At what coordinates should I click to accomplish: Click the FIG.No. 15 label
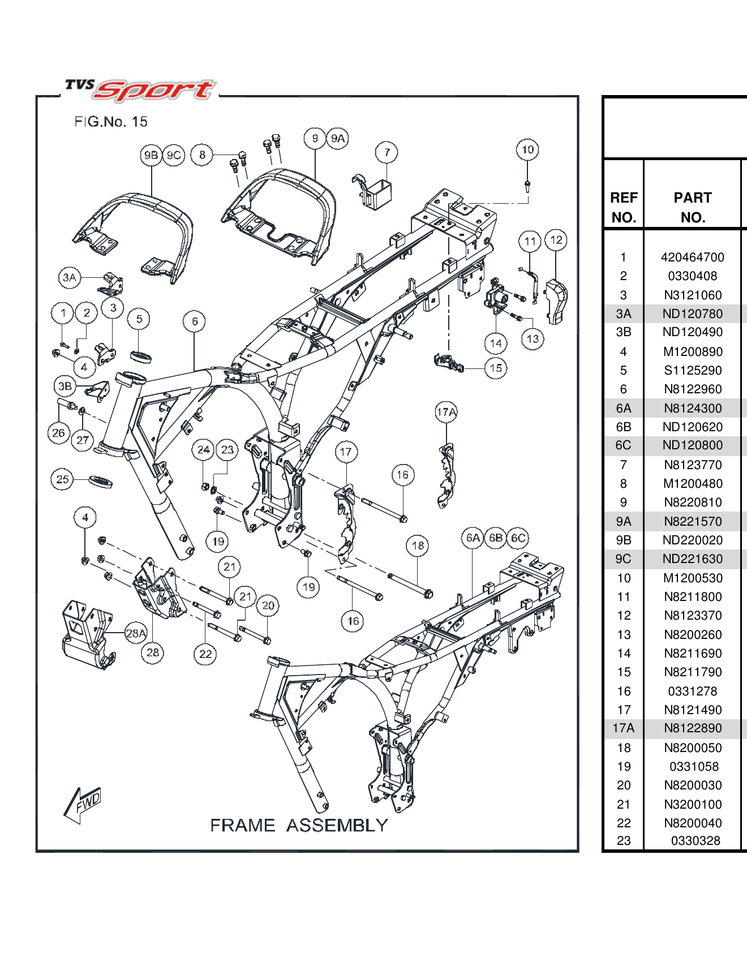click(x=110, y=122)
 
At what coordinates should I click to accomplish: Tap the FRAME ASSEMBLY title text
click(x=299, y=825)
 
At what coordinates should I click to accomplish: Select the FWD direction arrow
click(x=83, y=804)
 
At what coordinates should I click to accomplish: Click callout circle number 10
click(x=527, y=150)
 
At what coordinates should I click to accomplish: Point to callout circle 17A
click(x=446, y=412)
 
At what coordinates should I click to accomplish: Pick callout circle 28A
click(x=136, y=633)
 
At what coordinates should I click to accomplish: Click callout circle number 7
click(x=387, y=152)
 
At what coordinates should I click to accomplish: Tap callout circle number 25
click(x=62, y=479)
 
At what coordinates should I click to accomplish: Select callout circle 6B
click(x=496, y=538)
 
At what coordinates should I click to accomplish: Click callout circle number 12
click(x=556, y=240)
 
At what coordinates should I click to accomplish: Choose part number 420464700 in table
click(x=692, y=257)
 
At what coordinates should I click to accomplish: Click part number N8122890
click(x=693, y=728)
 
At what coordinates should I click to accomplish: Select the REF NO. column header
click(x=624, y=207)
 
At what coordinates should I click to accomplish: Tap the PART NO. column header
click(x=692, y=207)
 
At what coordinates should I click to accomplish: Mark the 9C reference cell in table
click(x=623, y=559)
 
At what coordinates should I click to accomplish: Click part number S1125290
click(x=693, y=371)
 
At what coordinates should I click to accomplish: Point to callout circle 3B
click(x=65, y=386)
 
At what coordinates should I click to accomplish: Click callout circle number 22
click(x=205, y=654)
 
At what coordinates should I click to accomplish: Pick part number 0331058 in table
click(x=694, y=767)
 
